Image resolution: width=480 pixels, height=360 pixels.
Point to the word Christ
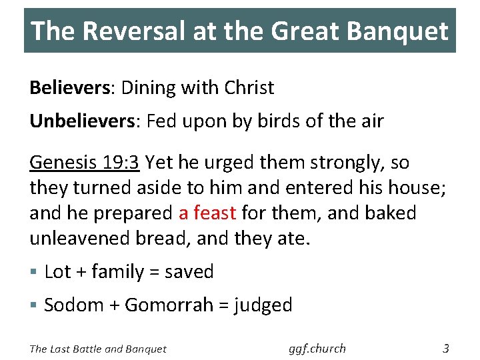pos(249,87)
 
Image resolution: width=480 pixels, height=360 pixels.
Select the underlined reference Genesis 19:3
pos(84,162)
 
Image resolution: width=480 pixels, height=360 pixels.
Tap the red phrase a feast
pos(207,213)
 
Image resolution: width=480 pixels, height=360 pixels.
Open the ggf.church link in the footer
pos(318,348)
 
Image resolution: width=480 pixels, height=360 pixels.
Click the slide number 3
pos(446,348)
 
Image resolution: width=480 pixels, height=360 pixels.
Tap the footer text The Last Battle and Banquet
pos(98,349)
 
